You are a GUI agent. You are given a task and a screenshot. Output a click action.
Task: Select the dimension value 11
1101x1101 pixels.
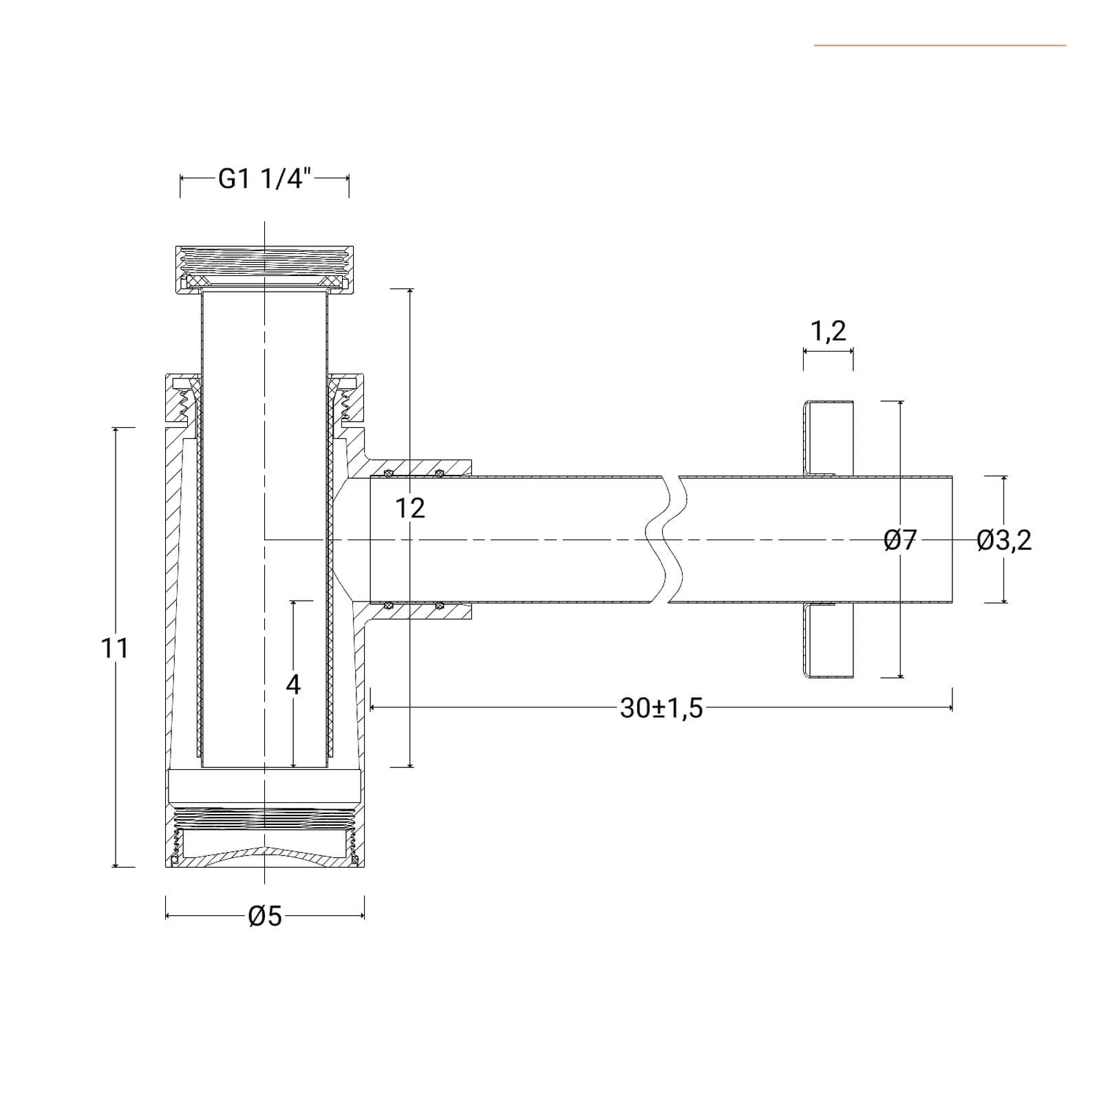pyautogui.click(x=114, y=648)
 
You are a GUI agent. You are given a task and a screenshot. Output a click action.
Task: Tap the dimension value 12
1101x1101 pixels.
pyautogui.click(x=410, y=509)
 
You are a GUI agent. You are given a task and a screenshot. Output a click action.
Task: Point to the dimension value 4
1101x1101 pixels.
pyautogui.click(x=293, y=685)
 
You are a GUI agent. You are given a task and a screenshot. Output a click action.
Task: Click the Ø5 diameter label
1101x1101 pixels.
pyautogui.click(x=265, y=916)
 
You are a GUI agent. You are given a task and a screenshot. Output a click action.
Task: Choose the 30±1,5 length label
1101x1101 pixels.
pyautogui.click(x=661, y=708)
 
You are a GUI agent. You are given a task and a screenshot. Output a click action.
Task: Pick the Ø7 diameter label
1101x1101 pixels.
pyautogui.click(x=901, y=540)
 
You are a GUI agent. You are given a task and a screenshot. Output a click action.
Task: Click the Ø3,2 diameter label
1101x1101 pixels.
pyautogui.click(x=1004, y=540)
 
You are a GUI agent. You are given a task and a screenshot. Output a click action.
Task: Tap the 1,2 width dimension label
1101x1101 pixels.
pyautogui.click(x=829, y=331)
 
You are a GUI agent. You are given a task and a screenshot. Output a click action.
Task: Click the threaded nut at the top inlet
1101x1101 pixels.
pyautogui.click(x=265, y=268)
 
